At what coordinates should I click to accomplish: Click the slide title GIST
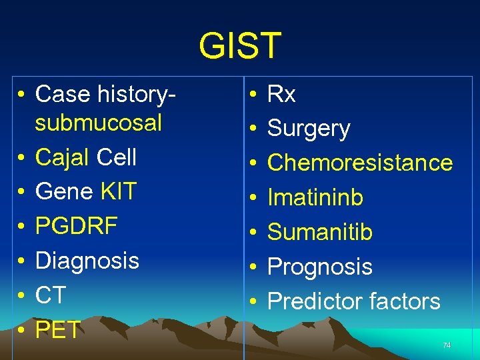(x=240, y=46)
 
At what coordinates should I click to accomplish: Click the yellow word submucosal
(x=98, y=123)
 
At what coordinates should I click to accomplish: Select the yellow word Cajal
(x=63, y=157)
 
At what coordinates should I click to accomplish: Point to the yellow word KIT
(x=118, y=192)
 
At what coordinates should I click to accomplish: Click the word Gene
(x=64, y=192)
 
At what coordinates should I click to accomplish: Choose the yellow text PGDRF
(x=76, y=226)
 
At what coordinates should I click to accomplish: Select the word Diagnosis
(x=87, y=261)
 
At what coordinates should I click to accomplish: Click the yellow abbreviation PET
(x=57, y=329)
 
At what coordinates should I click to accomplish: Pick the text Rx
(x=281, y=95)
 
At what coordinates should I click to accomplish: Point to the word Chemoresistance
(x=359, y=163)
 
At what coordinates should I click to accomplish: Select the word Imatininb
(x=315, y=197)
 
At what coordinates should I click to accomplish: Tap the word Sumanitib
(x=319, y=232)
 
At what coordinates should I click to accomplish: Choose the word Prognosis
(x=319, y=267)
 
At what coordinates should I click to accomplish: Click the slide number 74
(x=446, y=345)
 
